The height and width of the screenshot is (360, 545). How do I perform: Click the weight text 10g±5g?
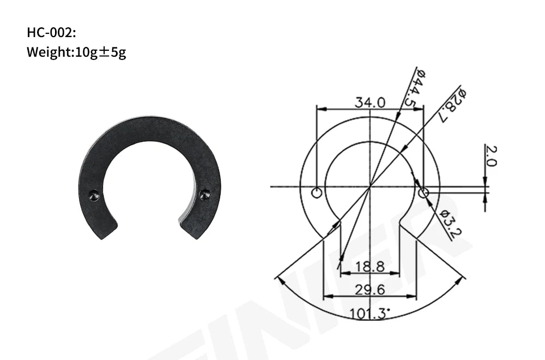point(76,53)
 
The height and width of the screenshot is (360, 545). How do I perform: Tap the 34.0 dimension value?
point(370,102)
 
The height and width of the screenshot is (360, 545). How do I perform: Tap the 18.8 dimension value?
point(370,267)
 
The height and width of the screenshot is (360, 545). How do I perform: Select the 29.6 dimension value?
point(370,290)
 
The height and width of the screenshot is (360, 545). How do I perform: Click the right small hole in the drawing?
point(423,193)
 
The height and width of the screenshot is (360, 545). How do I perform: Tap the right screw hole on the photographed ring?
point(205,193)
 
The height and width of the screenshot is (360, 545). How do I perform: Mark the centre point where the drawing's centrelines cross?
point(370,187)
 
